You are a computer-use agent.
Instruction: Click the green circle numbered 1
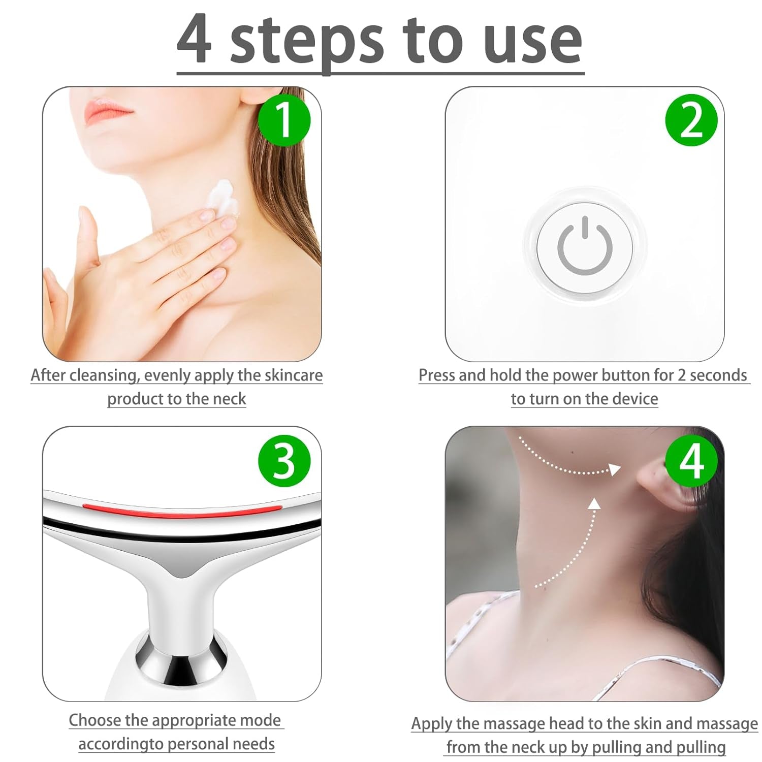click(284, 120)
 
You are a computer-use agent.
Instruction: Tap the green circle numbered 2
click(691, 120)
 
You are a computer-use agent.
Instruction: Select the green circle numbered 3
click(284, 461)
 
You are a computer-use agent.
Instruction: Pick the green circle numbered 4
click(691, 461)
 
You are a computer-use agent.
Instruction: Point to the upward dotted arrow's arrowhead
click(594, 503)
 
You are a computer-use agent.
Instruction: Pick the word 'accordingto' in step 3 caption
click(121, 744)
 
